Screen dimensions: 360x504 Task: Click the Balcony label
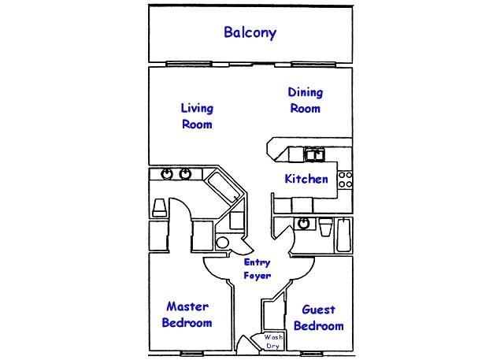coord(250,33)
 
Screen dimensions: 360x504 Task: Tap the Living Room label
coord(197,116)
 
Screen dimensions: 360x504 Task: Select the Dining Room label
coord(306,101)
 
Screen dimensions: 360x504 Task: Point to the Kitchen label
coord(306,179)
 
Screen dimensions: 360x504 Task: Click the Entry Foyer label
coord(257,269)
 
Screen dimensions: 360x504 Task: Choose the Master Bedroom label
coord(187,315)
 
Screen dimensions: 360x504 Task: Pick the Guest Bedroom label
coord(318,318)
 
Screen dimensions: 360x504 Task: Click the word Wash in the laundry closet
coord(273,338)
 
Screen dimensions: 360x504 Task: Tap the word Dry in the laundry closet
coord(273,346)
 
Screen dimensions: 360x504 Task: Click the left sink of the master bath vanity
coord(167,174)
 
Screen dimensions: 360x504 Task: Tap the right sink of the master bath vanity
coord(186,174)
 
